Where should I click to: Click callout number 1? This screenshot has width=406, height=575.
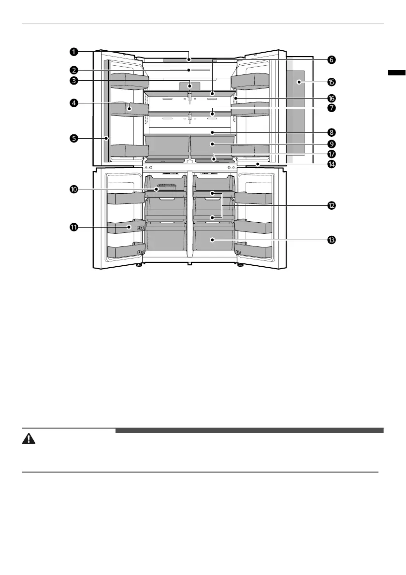tap(73, 52)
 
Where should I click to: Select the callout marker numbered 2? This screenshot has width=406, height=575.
tap(73, 70)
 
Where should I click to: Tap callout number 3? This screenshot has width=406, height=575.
tap(73, 81)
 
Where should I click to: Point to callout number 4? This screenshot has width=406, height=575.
tap(73, 103)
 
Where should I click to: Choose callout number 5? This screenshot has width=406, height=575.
tap(73, 138)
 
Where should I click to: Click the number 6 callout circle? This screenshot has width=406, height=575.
tap(331, 60)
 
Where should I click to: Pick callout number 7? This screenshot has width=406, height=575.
tap(331, 108)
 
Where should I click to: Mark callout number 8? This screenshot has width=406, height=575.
tap(331, 131)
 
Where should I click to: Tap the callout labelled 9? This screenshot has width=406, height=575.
tap(331, 144)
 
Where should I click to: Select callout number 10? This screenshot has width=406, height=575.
tap(73, 189)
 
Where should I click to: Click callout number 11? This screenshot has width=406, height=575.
tap(73, 226)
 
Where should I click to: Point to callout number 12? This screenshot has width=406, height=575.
tap(331, 205)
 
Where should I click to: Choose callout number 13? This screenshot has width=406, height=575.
tap(331, 240)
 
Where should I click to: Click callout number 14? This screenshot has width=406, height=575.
tap(331, 164)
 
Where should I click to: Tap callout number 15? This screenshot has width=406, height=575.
tap(331, 82)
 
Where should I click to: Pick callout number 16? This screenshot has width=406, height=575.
tap(331, 98)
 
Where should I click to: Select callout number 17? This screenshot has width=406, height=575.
tap(331, 154)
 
